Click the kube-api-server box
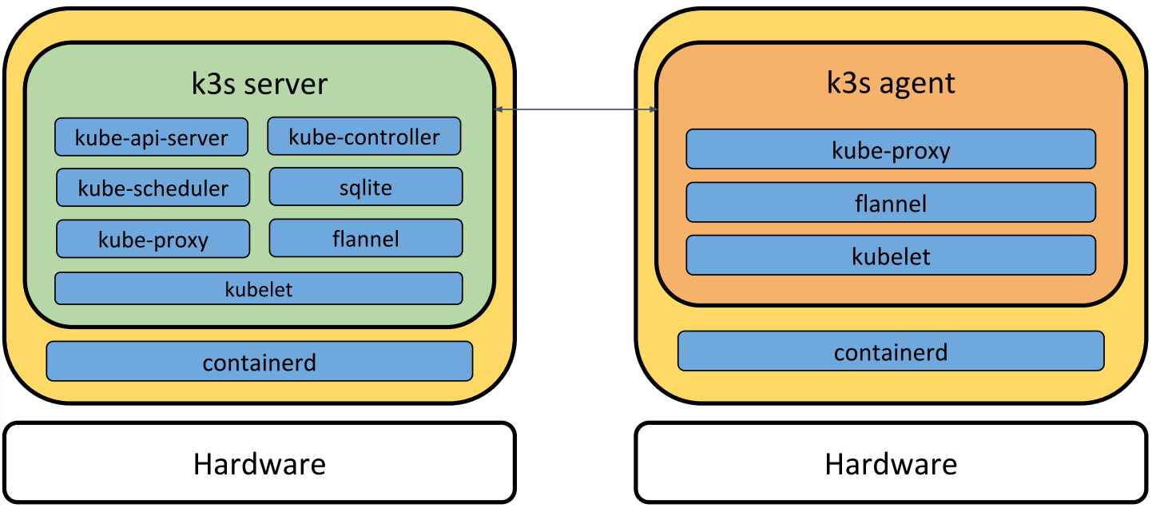(152, 137)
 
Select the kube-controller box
(364, 137)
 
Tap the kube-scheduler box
(153, 188)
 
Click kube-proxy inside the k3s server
(153, 239)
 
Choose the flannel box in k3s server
(366, 238)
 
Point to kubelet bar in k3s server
(259, 288)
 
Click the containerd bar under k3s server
(260, 362)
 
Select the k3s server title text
(260, 84)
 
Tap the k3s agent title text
(891, 83)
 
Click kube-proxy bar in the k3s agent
(891, 149)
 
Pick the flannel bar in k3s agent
(891, 203)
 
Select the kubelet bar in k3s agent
(891, 256)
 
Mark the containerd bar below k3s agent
(891, 351)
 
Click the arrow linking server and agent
(576, 109)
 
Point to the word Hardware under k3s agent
(891, 463)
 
